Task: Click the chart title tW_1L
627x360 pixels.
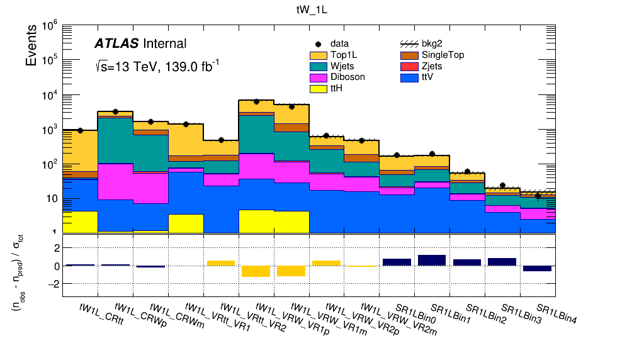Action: tap(312, 10)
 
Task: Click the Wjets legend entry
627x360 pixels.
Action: tap(332, 66)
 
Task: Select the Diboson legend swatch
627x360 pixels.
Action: tap(319, 77)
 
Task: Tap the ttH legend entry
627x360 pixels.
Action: tap(326, 88)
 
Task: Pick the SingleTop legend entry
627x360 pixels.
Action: tap(432, 55)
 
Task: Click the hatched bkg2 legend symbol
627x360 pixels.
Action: tap(409, 44)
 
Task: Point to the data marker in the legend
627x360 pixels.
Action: tap(319, 44)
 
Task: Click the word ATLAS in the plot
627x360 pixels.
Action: tap(116, 43)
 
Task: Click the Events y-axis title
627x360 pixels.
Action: tap(31, 45)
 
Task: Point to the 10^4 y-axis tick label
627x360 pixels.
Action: tap(50, 95)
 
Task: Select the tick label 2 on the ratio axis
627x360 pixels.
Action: tap(57, 248)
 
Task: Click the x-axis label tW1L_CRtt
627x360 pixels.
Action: tap(101, 315)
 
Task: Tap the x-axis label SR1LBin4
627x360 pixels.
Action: tap(556, 313)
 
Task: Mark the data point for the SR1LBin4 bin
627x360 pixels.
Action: tap(538, 196)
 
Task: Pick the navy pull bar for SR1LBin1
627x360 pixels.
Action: tap(432, 261)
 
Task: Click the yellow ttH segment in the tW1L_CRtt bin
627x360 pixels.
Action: tap(80, 222)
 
